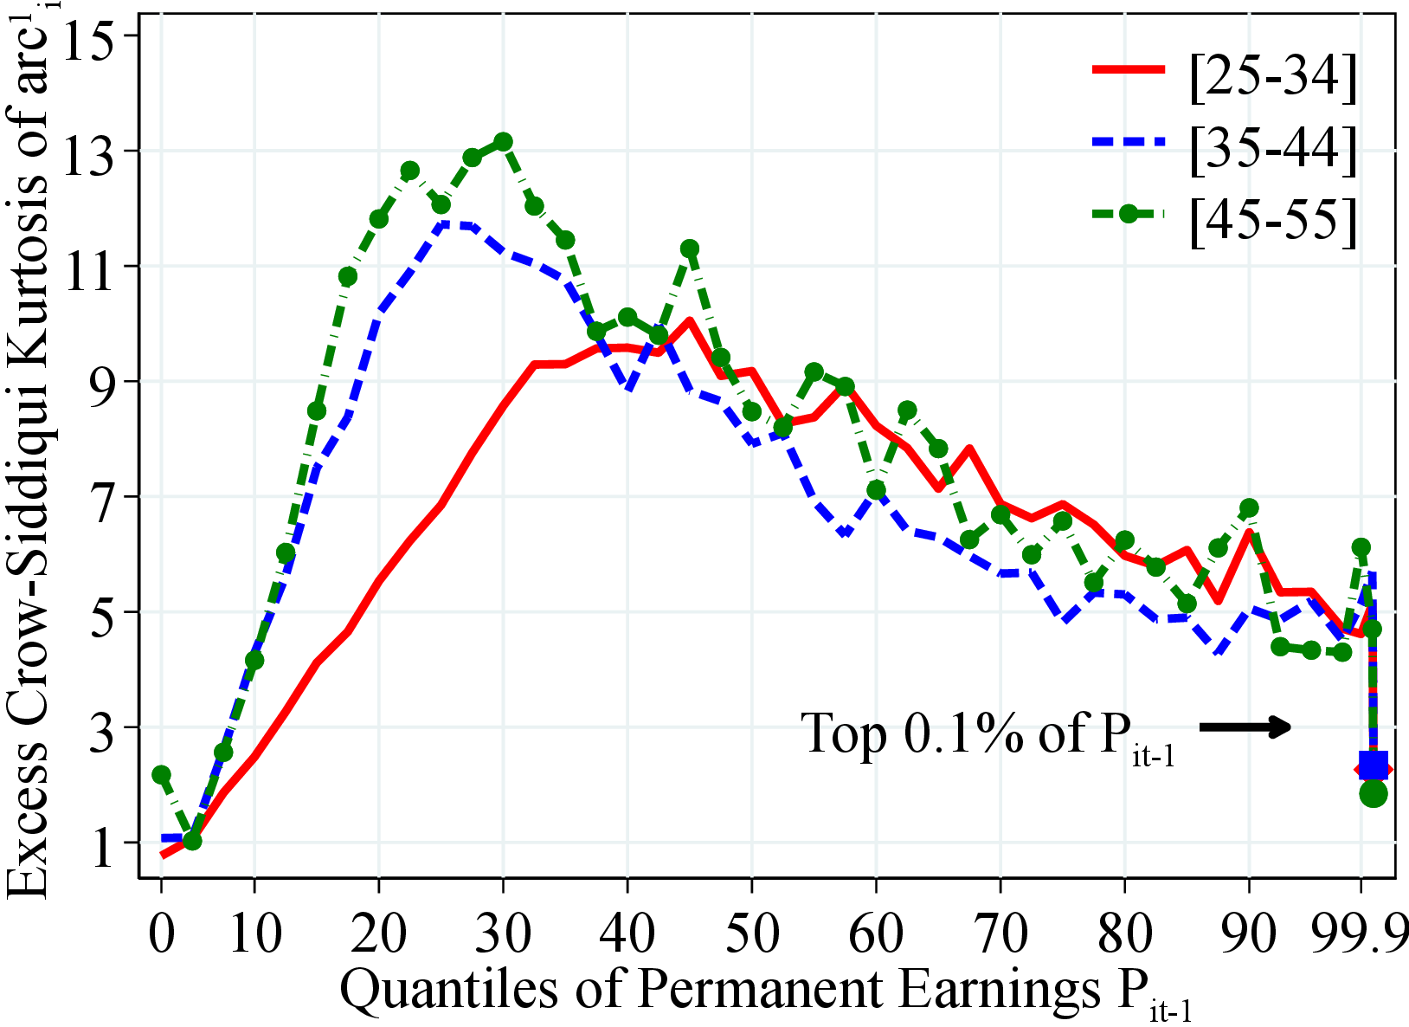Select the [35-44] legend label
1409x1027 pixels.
point(1273,149)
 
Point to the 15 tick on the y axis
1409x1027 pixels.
point(89,36)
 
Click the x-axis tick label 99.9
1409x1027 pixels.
point(1359,934)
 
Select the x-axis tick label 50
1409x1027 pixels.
point(751,934)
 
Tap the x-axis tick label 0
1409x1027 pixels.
point(162,934)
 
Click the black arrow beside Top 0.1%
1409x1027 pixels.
point(1245,727)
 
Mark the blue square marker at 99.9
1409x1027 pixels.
point(1373,765)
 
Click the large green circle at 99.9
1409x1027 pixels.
point(1374,792)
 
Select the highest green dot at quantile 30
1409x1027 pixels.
point(503,141)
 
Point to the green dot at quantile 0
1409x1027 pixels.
point(161,774)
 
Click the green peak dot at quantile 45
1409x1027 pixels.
point(690,249)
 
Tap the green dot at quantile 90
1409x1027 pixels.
point(1249,507)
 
